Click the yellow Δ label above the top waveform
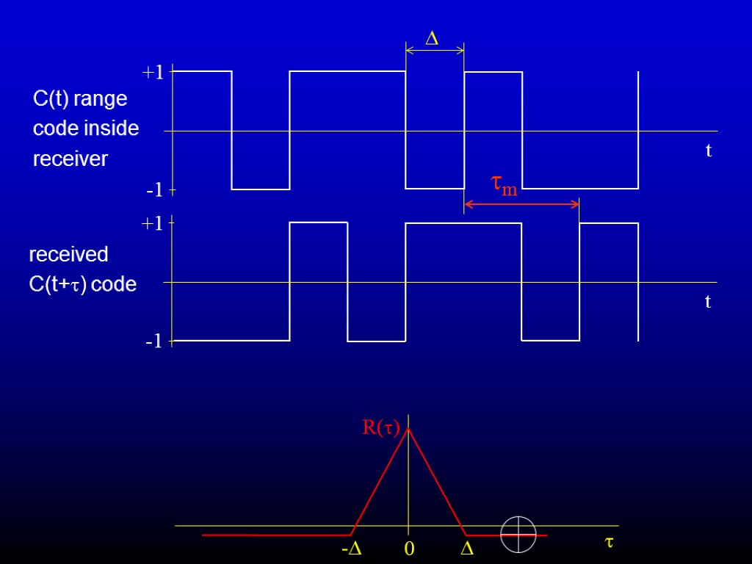(x=433, y=39)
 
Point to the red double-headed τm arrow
(x=521, y=205)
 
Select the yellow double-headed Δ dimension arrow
(x=435, y=50)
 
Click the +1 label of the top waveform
(x=153, y=73)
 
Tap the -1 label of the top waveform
(x=154, y=191)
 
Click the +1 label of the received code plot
(x=153, y=224)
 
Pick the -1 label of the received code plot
(x=153, y=342)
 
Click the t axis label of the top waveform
(x=709, y=151)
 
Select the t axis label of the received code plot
(x=708, y=302)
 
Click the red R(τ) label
(x=380, y=427)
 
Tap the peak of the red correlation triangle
(x=408, y=430)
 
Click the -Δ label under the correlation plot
(x=352, y=549)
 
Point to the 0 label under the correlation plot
(x=409, y=549)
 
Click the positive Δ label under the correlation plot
(x=466, y=549)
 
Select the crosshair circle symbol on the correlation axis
(x=518, y=535)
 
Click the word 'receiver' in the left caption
(x=70, y=159)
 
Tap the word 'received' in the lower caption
(x=68, y=255)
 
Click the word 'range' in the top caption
(x=100, y=98)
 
